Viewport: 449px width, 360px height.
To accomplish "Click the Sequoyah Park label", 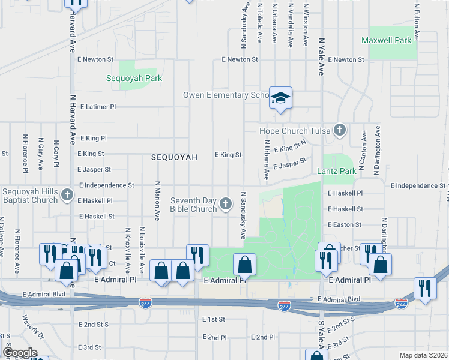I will click(x=134, y=78).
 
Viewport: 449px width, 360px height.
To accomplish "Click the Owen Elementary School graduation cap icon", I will click(x=280, y=97).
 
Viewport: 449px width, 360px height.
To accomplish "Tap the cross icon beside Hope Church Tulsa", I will click(x=340, y=130).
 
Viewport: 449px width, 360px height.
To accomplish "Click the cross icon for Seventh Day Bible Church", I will click(x=226, y=204).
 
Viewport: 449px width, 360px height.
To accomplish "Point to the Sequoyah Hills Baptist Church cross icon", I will click(x=67, y=196).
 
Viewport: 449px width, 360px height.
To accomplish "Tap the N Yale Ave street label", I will click(x=321, y=57).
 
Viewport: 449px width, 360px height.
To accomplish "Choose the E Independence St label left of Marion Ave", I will click(x=106, y=186).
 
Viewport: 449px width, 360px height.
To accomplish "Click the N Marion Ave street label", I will click(x=157, y=201).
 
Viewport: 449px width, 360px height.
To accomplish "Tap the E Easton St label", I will click(x=345, y=224).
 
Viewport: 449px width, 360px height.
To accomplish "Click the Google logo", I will click(x=20, y=353).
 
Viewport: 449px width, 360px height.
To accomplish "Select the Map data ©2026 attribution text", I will click(x=423, y=355).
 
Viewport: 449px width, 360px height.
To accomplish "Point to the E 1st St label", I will click(x=213, y=319).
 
